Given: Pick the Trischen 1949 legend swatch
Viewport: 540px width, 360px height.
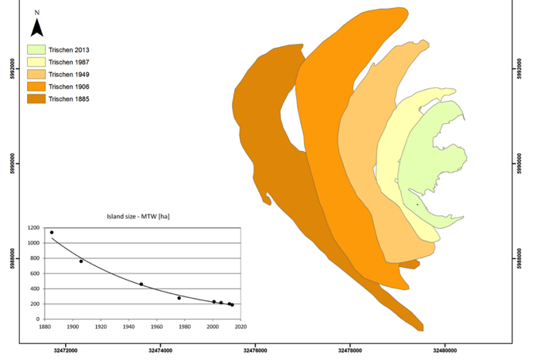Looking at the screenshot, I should pyautogui.click(x=35, y=74).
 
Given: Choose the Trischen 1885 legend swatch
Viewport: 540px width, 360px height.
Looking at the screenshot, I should pyautogui.click(x=35, y=99).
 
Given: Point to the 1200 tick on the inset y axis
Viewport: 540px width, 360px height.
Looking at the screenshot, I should pyautogui.click(x=33, y=228).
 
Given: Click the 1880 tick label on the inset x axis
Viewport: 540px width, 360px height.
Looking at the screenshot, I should pyautogui.click(x=45, y=326).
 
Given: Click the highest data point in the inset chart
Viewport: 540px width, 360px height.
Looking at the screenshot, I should pyautogui.click(x=52, y=233).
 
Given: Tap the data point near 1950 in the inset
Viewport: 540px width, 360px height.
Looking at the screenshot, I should pyautogui.click(x=141, y=284).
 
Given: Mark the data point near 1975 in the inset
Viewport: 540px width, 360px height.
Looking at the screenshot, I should pyautogui.click(x=179, y=298).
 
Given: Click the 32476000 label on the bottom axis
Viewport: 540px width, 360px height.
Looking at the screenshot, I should pyautogui.click(x=254, y=347).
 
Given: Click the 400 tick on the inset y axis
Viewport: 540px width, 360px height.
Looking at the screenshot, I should pyautogui.click(x=35, y=288).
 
